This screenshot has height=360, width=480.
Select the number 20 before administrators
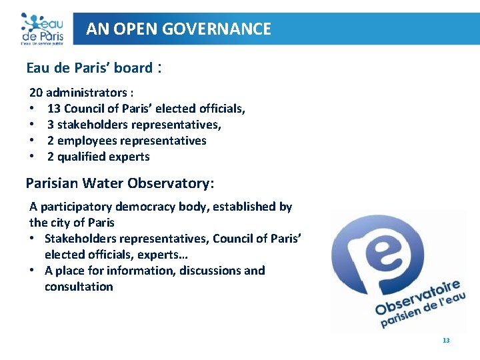point(36,93)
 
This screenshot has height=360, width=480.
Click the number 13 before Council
point(54,109)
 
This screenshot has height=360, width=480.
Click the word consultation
point(79,287)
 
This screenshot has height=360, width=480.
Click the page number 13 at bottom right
point(446,341)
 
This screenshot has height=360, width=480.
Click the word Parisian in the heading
point(50,183)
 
